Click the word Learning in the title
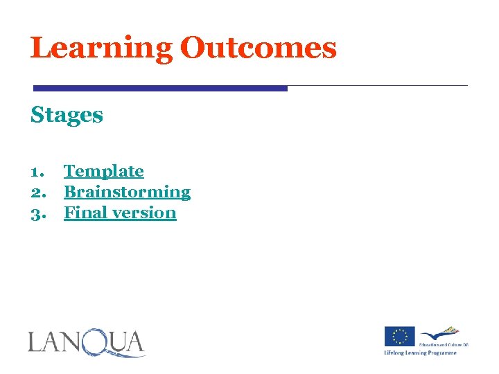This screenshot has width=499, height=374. pyautogui.click(x=101, y=48)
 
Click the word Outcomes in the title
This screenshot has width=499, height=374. pyautogui.click(x=258, y=48)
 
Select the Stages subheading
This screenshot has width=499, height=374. pyautogui.click(x=67, y=115)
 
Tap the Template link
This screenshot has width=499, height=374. pyautogui.click(x=104, y=171)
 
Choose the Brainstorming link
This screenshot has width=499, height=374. pyautogui.click(x=127, y=192)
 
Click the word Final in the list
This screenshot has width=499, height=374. pyautogui.click(x=82, y=213)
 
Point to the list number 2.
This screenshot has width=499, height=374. pyautogui.click(x=37, y=193)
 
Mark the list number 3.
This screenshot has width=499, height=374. pyautogui.click(x=37, y=213)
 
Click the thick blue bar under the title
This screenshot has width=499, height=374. pyautogui.click(x=160, y=89)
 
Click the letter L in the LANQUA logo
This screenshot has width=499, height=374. pyautogui.click(x=35, y=342)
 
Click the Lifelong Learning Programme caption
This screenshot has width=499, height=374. pyautogui.click(x=421, y=353)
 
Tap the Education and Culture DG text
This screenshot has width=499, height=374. pyautogui.click(x=443, y=344)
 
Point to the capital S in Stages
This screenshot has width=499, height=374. pyautogui.click(x=37, y=115)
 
